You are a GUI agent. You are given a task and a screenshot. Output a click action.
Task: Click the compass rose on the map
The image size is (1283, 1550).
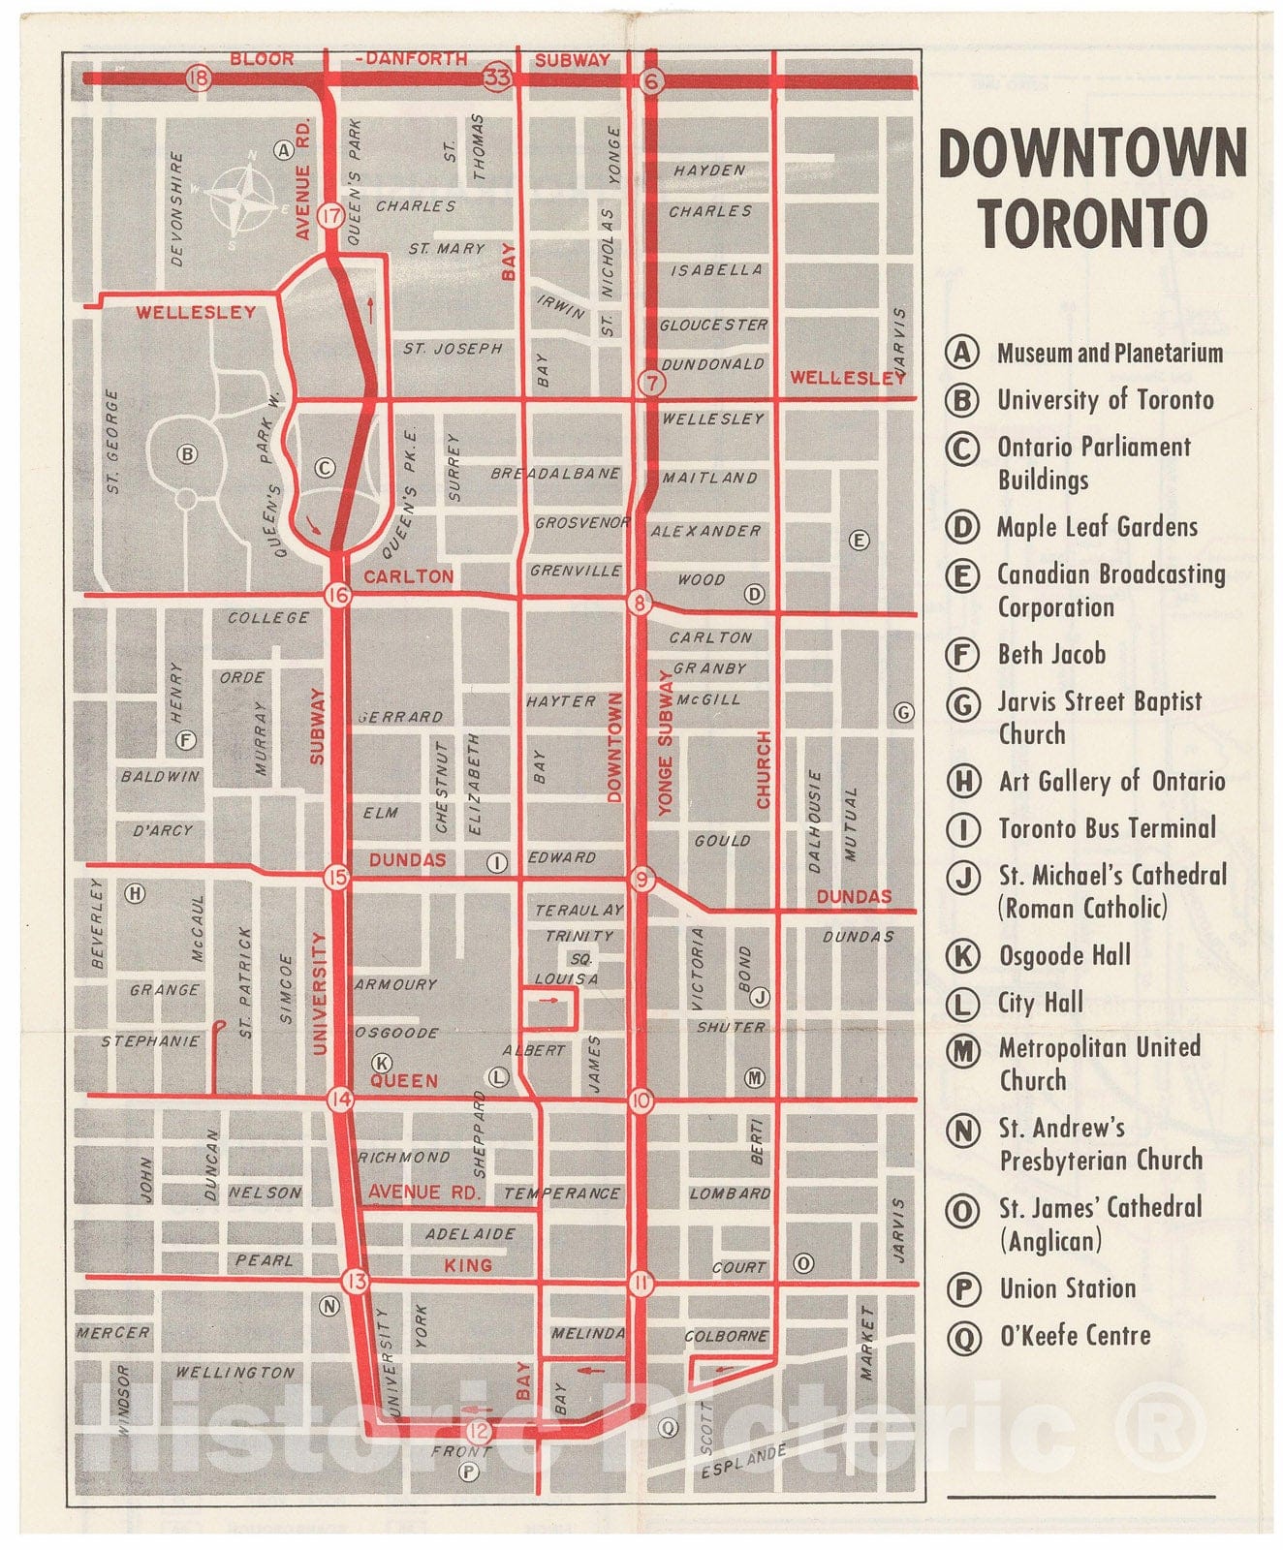tap(247, 199)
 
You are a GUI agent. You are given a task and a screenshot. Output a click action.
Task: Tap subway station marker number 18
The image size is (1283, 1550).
tap(199, 78)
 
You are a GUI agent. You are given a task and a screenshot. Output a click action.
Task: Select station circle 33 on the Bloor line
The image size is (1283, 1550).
tap(498, 78)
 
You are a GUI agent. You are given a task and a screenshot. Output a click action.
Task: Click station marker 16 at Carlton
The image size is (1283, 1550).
tap(337, 595)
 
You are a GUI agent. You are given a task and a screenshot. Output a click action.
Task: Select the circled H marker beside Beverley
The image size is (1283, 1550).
tap(135, 893)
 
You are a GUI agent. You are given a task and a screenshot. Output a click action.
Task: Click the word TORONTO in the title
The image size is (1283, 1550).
tap(1092, 223)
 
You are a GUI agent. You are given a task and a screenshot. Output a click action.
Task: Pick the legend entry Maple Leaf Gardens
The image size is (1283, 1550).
tap(1097, 527)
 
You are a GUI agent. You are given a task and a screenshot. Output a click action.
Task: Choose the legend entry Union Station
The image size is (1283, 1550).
tap(1067, 1288)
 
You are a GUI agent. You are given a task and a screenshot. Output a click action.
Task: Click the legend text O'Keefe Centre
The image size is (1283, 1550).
tap(1075, 1336)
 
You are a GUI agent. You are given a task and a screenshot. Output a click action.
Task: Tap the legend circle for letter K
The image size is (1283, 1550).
tap(962, 956)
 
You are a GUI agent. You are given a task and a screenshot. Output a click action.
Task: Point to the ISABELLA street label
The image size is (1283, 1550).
tap(716, 270)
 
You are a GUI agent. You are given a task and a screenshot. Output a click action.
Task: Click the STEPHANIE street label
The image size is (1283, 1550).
tap(150, 1041)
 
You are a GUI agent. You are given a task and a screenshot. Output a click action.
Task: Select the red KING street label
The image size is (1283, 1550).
tap(468, 1265)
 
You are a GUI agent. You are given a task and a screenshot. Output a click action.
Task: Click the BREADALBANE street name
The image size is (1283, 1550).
tap(555, 474)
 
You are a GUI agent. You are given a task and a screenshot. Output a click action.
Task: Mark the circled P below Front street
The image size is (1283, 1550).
tap(469, 1472)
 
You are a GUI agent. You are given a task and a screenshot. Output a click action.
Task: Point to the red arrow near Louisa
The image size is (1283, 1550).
tap(549, 999)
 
